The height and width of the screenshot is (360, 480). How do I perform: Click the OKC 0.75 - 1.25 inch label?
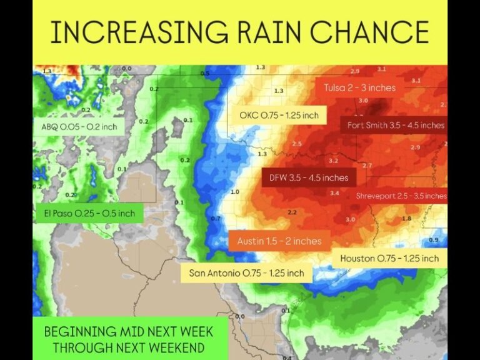click(279, 115)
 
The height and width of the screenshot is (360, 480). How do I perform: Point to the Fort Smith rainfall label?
click(395, 125)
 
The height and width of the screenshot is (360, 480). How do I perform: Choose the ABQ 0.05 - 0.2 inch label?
click(79, 127)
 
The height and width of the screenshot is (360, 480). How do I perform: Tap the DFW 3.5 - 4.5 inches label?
click(308, 177)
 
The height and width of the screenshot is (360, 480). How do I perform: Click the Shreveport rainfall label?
click(401, 196)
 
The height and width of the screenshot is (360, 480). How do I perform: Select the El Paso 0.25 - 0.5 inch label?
click(89, 214)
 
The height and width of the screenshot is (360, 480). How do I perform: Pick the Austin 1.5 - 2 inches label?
click(279, 241)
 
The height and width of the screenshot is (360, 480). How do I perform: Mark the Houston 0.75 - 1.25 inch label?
click(389, 258)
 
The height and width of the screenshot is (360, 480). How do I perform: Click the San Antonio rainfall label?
click(247, 273)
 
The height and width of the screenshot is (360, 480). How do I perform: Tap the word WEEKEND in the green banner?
click(181, 346)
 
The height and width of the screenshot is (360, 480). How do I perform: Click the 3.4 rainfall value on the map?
click(334, 193)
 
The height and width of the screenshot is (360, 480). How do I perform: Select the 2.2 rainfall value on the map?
click(292, 212)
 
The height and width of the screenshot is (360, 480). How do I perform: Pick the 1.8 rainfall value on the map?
click(406, 218)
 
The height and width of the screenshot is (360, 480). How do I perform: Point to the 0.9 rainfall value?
click(434, 240)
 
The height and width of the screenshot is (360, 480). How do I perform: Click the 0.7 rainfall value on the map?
click(216, 219)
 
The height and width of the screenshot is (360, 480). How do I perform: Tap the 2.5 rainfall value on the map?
click(297, 144)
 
